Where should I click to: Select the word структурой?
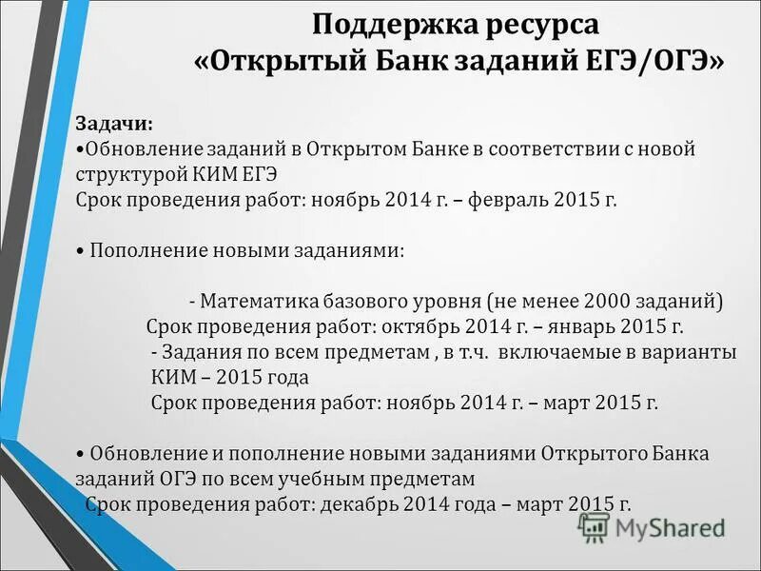click(x=123, y=175)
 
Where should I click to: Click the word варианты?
click(x=695, y=352)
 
